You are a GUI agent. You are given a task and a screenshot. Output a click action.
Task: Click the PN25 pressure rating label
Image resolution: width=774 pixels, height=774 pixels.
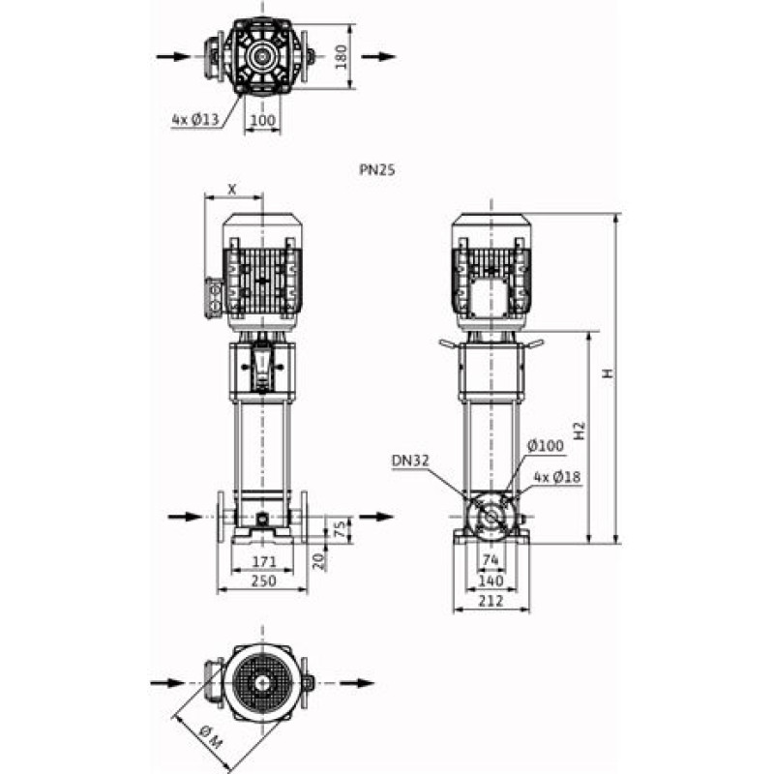pos(377,170)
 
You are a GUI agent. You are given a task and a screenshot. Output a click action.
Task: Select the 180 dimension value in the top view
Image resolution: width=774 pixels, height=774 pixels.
pos(342,57)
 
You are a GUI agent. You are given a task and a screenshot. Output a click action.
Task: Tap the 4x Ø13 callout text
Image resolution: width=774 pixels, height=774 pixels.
pos(195,119)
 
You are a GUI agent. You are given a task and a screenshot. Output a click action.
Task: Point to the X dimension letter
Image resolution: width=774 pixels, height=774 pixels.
pos(232,189)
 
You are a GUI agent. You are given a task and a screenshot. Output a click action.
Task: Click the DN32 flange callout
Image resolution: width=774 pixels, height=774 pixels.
pos(410,461)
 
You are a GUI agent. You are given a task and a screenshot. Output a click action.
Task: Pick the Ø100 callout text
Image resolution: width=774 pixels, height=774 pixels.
pos(546,446)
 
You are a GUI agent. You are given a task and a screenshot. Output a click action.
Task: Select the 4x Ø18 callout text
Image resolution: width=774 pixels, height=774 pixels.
pos(557,477)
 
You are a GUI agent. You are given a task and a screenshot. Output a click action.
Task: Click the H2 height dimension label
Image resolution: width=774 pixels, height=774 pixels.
pos(580,431)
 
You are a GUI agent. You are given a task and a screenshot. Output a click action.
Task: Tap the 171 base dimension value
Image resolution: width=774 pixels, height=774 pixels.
pos(264,562)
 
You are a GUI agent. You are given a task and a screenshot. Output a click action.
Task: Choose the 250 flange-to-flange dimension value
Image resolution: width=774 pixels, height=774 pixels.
pos(264,581)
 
